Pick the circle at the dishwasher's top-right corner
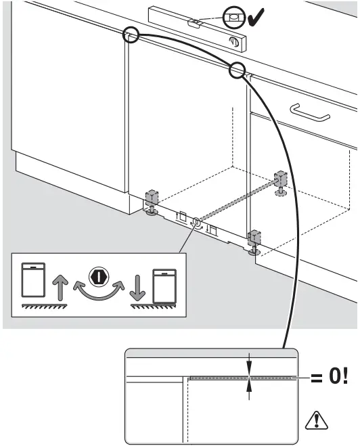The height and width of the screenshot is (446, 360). tap(238, 69)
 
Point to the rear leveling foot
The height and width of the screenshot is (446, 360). tap(280, 181)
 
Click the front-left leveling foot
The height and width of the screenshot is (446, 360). tap(152, 202)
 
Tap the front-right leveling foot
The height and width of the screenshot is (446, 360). tap(254, 240)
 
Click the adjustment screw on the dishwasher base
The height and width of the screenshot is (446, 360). tap(196, 222)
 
